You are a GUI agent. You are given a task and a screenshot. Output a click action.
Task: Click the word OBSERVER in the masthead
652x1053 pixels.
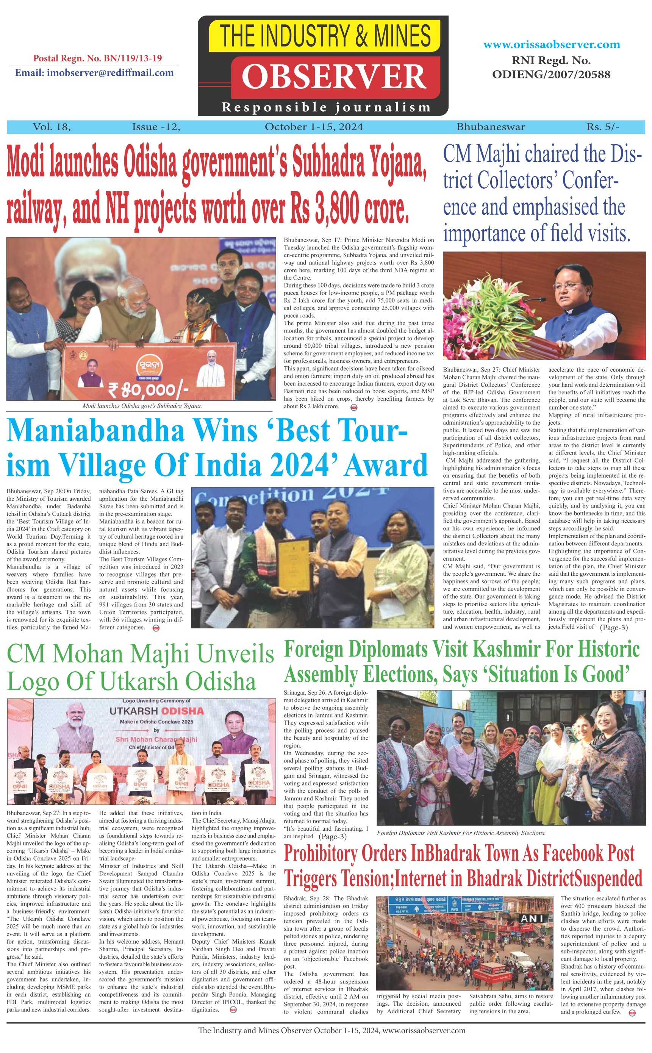pyautogui.click(x=334, y=77)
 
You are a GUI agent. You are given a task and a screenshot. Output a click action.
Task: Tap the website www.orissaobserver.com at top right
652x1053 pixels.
pyautogui.click(x=552, y=44)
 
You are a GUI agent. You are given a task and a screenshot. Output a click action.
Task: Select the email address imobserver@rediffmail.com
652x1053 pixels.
pyautogui.click(x=94, y=73)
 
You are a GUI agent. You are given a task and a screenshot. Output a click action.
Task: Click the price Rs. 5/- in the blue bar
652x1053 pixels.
pyautogui.click(x=602, y=127)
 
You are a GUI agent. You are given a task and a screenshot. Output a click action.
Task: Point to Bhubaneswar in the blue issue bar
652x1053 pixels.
pyautogui.click(x=491, y=127)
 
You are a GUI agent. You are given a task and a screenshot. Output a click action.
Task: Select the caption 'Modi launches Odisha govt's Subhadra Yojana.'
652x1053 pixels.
pyautogui.click(x=142, y=406)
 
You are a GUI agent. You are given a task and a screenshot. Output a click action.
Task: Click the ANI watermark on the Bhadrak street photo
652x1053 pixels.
pyautogui.click(x=532, y=919)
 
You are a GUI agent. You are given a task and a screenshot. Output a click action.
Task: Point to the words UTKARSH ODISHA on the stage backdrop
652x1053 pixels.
pyautogui.click(x=156, y=711)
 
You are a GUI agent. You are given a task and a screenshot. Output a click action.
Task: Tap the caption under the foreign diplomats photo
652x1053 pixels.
pyautogui.click(x=461, y=833)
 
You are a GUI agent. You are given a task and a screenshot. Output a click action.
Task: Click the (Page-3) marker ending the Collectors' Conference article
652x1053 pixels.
pyautogui.click(x=614, y=628)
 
